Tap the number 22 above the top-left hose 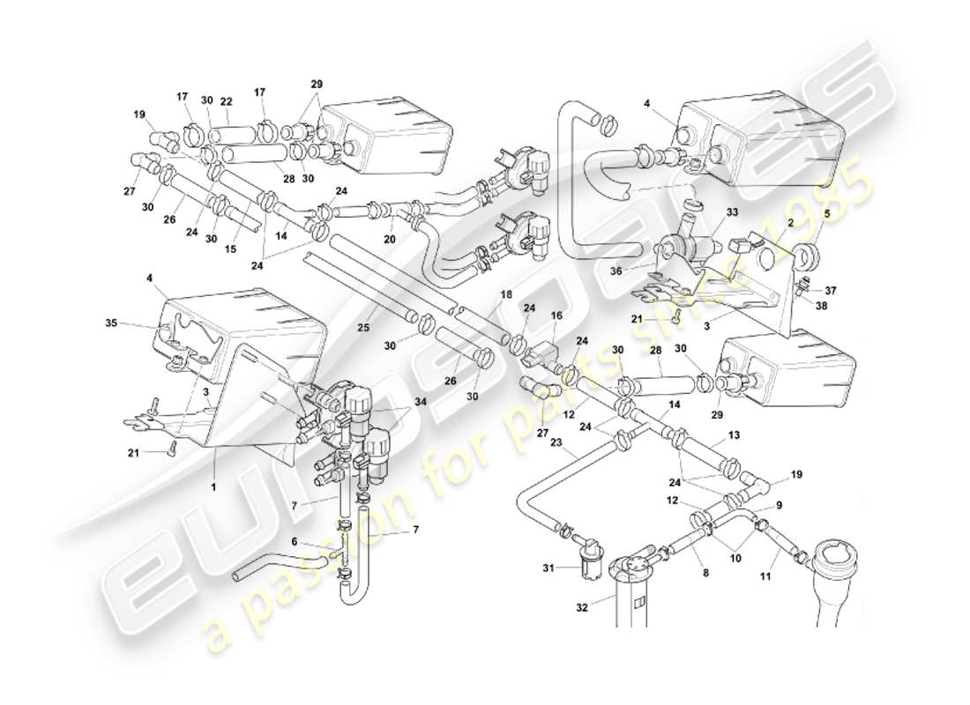(226, 101)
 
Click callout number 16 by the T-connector (556, 314)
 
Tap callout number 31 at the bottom (548, 568)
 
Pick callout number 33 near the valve (732, 212)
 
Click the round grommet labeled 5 (806, 259)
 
